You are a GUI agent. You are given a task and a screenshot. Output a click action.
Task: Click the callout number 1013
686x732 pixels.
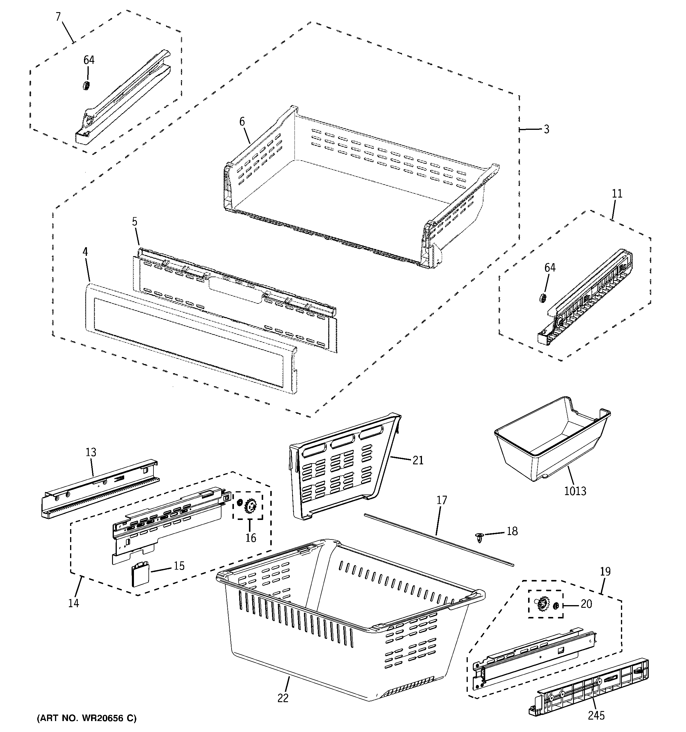point(575,491)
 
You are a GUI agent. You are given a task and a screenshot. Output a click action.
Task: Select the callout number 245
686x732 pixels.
point(596,716)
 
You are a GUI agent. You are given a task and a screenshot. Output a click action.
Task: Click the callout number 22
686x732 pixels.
point(283,698)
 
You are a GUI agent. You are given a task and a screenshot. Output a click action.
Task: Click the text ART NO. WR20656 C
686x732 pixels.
point(87,718)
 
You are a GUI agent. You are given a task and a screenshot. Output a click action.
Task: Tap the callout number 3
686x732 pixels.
point(546,129)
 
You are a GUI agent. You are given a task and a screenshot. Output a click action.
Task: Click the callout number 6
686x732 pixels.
point(242,122)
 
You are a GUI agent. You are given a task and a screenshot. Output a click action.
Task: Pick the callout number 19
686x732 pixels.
point(605,571)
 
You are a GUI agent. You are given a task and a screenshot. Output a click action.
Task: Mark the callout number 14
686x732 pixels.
point(74,603)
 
